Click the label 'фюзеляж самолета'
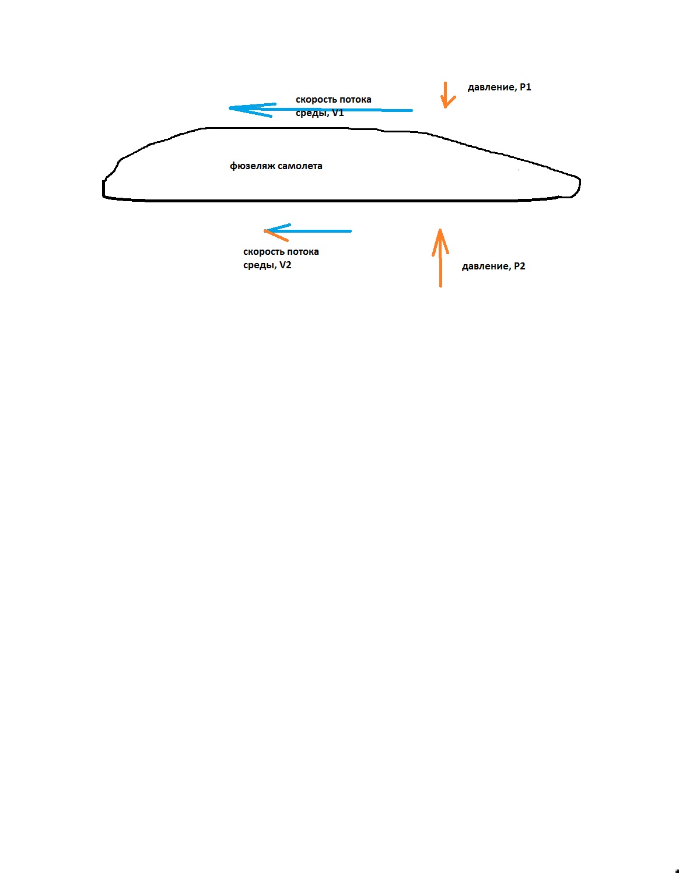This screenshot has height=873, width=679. tap(276, 166)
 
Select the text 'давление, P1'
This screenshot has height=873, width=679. tap(499, 87)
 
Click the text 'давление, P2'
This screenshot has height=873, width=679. tap(494, 267)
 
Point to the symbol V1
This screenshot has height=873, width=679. tap(338, 113)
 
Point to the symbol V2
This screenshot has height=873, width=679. tap(285, 265)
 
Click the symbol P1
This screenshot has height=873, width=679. tap(526, 87)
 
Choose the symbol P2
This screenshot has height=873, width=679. tap(520, 266)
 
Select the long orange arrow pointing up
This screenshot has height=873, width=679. tap(441, 258)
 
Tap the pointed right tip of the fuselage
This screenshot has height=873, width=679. tap(580, 183)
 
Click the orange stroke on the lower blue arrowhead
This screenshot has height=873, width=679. tap(276, 236)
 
